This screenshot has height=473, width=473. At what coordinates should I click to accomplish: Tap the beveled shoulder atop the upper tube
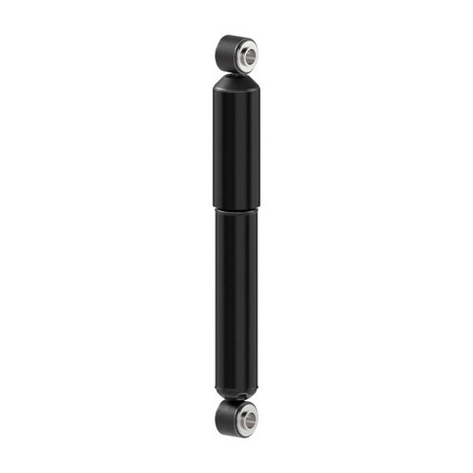[236, 82]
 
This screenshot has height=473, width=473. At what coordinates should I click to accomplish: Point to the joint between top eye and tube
[236, 72]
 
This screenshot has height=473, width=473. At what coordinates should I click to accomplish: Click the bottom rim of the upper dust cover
[236, 203]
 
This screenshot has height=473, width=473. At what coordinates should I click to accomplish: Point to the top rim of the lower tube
[236, 212]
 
